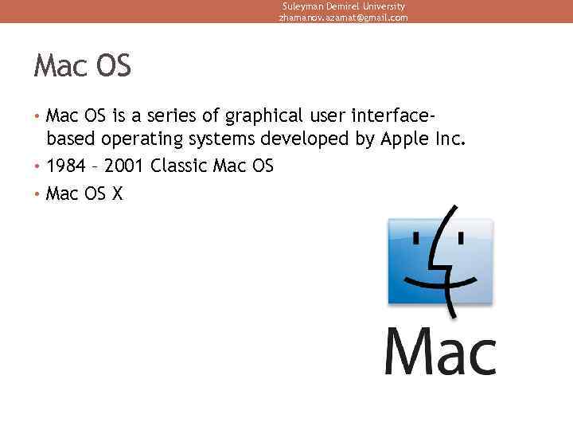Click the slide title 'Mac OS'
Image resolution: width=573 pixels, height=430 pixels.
(82, 67)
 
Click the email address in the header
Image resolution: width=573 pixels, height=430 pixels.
(342, 18)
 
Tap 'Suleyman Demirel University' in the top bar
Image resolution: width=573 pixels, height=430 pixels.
(343, 6)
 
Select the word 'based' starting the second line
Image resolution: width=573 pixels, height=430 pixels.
(69, 140)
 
